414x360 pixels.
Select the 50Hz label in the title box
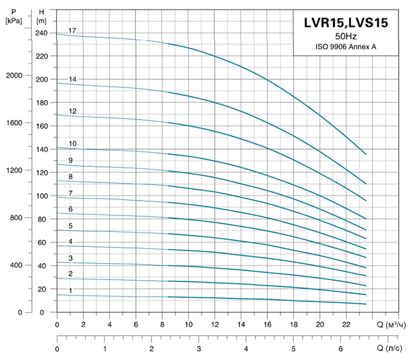point(345,37)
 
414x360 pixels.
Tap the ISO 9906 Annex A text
point(345,46)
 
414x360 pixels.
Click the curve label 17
point(72,30)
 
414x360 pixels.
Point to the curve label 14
point(72,79)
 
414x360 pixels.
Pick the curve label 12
point(72,111)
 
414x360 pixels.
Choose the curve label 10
point(72,144)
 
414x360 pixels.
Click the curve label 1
point(70,291)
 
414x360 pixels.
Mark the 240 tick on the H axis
point(41,33)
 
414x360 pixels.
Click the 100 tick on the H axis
point(41,196)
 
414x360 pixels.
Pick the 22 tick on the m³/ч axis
point(346,324)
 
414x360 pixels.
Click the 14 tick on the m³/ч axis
point(241,324)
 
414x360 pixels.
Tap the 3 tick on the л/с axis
point(199,348)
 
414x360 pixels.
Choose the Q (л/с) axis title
point(393,348)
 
